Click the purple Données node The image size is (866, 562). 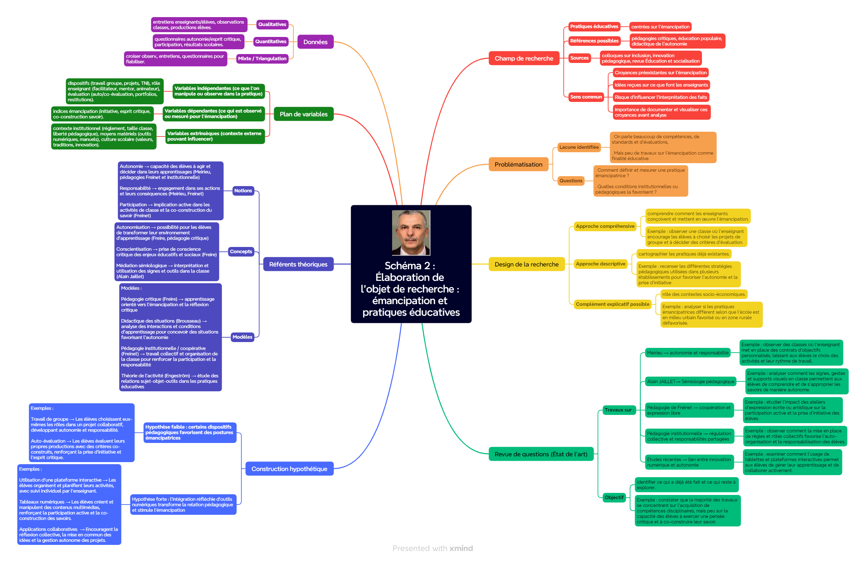pyautogui.click(x=315, y=42)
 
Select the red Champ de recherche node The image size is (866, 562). pyautogui.click(x=524, y=58)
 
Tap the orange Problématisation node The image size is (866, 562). pyautogui.click(x=518, y=165)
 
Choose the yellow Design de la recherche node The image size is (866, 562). pyautogui.click(x=526, y=264)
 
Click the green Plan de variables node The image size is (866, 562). pyautogui.click(x=303, y=114)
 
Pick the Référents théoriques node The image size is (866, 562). pyautogui.click(x=298, y=264)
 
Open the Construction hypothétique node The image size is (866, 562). pyautogui.click(x=289, y=469)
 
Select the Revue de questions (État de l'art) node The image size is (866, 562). pyautogui.click(x=541, y=454)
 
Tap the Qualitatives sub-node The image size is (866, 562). pyautogui.click(x=272, y=24)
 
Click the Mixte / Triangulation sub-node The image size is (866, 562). pyautogui.click(x=262, y=58)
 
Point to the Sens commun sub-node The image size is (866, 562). pyautogui.click(x=586, y=97)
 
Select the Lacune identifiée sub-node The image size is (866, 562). pyautogui.click(x=579, y=147)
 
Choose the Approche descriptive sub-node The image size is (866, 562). pyautogui.click(x=600, y=264)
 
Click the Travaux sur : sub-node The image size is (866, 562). pyautogui.click(x=619, y=410)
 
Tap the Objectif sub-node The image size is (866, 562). pyautogui.click(x=614, y=497)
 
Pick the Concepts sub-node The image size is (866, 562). pyautogui.click(x=241, y=251)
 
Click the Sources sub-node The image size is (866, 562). pyautogui.click(x=579, y=58)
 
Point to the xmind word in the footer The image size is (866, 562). pyautogui.click(x=461, y=548)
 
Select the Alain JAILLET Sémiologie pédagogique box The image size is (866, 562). pyautogui.click(x=690, y=381)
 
